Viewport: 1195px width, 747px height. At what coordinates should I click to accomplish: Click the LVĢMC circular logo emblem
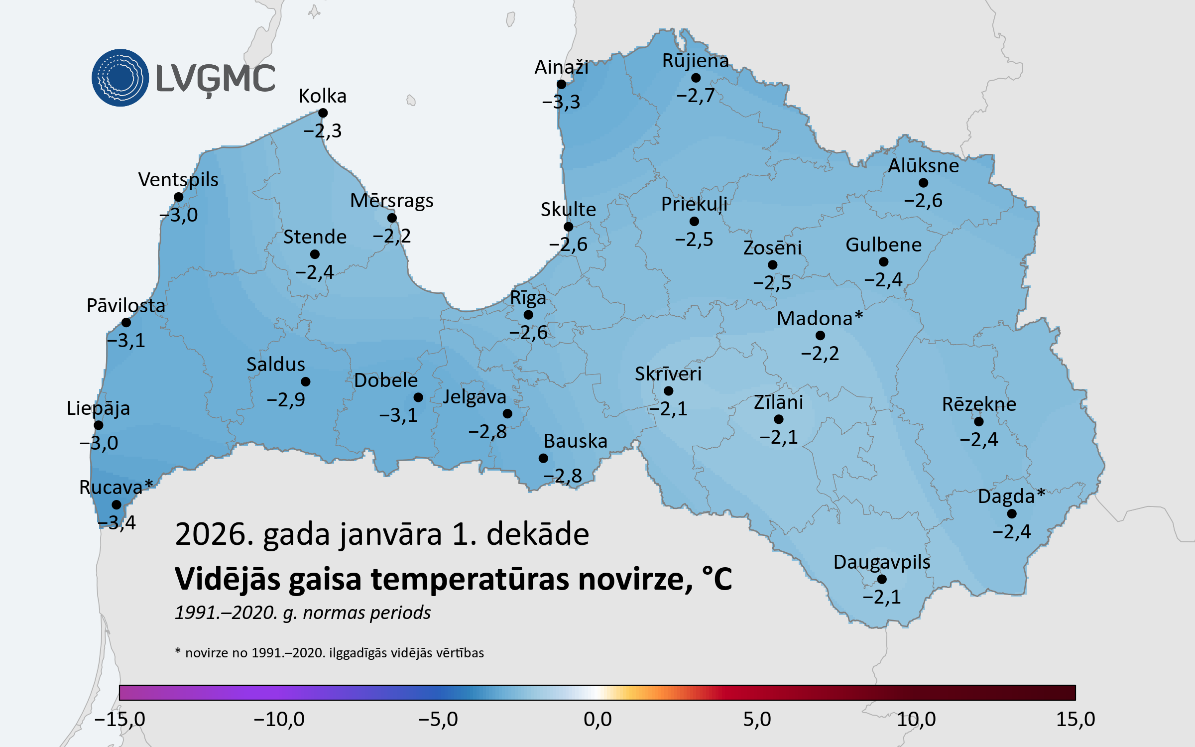coord(120,78)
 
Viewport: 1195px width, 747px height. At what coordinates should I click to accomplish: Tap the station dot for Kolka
coord(323,113)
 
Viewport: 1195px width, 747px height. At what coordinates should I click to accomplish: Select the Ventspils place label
coord(178,180)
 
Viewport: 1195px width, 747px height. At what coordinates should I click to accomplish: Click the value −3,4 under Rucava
coord(118,522)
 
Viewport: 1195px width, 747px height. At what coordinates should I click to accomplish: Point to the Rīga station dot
coord(528,315)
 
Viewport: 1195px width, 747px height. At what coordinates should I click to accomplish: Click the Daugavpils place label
coord(882,562)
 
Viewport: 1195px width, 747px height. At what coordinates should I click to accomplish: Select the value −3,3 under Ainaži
coord(561,102)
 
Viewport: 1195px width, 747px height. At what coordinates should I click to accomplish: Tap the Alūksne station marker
coord(923,183)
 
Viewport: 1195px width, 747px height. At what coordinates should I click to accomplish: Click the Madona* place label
coord(820,319)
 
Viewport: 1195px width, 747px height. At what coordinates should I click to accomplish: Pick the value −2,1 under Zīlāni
coord(779,437)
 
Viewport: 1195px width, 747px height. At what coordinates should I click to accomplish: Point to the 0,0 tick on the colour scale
coord(597,719)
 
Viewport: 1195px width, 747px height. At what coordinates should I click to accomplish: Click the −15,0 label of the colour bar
coord(120,719)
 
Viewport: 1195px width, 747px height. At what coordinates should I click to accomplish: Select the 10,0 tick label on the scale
coord(916,719)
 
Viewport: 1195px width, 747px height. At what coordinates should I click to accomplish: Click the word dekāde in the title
coord(538,534)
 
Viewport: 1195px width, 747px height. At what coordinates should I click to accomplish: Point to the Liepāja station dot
coord(99,425)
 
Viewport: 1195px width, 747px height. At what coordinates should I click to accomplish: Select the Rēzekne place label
coord(979,404)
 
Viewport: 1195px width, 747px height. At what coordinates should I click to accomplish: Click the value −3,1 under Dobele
coord(398,415)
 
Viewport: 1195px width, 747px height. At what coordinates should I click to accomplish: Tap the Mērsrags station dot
coord(392,218)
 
